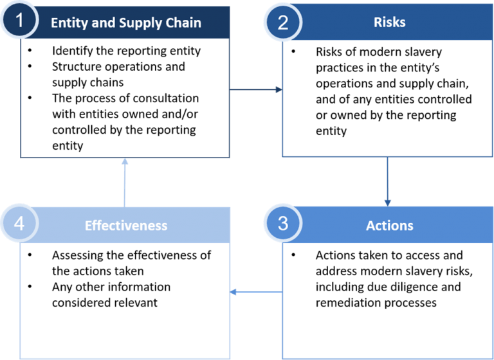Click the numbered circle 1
[x=20, y=20]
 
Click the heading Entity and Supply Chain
[x=126, y=22]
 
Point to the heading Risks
[x=389, y=22]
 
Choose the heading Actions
[x=389, y=226]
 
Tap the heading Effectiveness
[x=126, y=226]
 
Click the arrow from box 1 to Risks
[x=256, y=89]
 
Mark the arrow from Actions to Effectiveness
[x=256, y=292]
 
